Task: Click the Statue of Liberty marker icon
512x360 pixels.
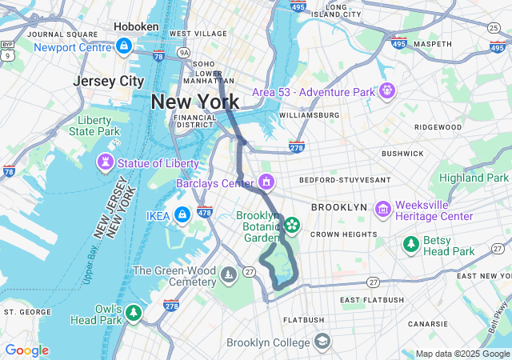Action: pos(104,163)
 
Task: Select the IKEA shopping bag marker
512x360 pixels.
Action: pos(182,214)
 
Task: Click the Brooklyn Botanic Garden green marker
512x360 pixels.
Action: pos(292,226)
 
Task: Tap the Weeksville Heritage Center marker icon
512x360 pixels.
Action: pos(382,210)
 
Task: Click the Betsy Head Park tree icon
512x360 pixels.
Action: pos(411,244)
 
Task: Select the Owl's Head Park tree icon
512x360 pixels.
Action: pos(134,313)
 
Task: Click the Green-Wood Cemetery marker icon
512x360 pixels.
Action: pos(229,277)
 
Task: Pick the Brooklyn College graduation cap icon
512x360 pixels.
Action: pos(322,342)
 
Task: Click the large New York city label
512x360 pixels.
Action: pos(194,102)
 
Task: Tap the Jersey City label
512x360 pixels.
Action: pos(108,82)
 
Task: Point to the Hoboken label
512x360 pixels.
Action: pos(137,26)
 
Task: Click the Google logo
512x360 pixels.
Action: pos(26,350)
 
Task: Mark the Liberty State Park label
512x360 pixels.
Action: pos(94,126)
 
